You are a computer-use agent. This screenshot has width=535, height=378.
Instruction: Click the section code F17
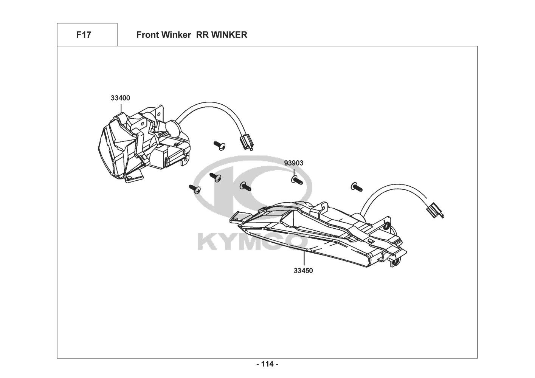[x=84, y=35]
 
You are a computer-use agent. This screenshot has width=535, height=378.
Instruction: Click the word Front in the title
[x=147, y=35]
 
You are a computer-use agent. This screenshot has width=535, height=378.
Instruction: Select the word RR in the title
[x=202, y=35]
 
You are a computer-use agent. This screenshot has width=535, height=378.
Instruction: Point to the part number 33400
[x=120, y=98]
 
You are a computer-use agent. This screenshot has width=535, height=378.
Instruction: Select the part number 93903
[x=294, y=163]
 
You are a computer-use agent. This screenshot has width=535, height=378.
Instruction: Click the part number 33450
[x=304, y=271]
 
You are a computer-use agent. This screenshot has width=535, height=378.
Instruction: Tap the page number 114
[x=267, y=364]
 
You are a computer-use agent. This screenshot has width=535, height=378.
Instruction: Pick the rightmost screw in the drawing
[x=356, y=186]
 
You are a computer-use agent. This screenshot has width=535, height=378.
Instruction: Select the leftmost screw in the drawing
[x=195, y=188]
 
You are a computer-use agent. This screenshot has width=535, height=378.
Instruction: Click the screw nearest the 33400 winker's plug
[x=219, y=145]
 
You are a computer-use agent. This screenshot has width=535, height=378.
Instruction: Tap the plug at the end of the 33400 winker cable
[x=246, y=143]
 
